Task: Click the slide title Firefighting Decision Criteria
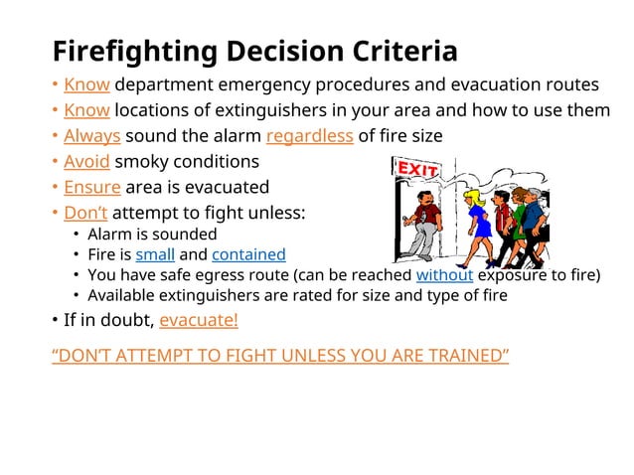pos(254,51)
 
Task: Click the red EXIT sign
pos(417,170)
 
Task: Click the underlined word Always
pos(92,135)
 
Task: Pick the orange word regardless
pos(309,135)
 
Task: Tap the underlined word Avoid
pos(86,161)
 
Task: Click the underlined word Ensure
pos(91,187)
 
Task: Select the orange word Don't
pos(85,213)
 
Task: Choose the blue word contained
pos(248,254)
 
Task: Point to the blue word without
pos(444,275)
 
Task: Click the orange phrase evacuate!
pos(198,320)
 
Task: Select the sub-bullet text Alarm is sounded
pos(152,235)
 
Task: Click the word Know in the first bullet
pos(86,83)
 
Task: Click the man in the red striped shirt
pos(500,214)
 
